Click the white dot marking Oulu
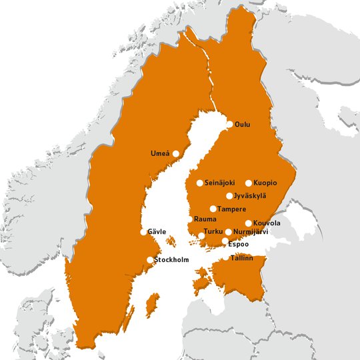pyautogui.click(x=230, y=124)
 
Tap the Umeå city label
pyautogui.click(x=160, y=154)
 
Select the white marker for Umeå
pyautogui.click(x=176, y=153)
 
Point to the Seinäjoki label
pyautogui.click(x=220, y=183)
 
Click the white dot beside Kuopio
pyautogui.click(x=249, y=183)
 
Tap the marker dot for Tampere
pyautogui.click(x=213, y=209)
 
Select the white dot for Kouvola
pyautogui.click(x=249, y=223)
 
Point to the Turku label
pyautogui.click(x=213, y=231)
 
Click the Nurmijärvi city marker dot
pyautogui.click(x=229, y=232)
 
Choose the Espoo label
pyautogui.click(x=239, y=244)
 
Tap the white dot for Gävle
pyautogui.click(x=143, y=232)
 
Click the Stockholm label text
pyautogui.click(x=172, y=259)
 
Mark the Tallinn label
pyautogui.click(x=242, y=257)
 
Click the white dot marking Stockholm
pyautogui.click(x=149, y=260)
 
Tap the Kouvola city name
pyautogui.click(x=267, y=223)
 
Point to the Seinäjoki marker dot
pyautogui.click(x=200, y=183)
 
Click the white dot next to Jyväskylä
pyautogui.click(x=229, y=196)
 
